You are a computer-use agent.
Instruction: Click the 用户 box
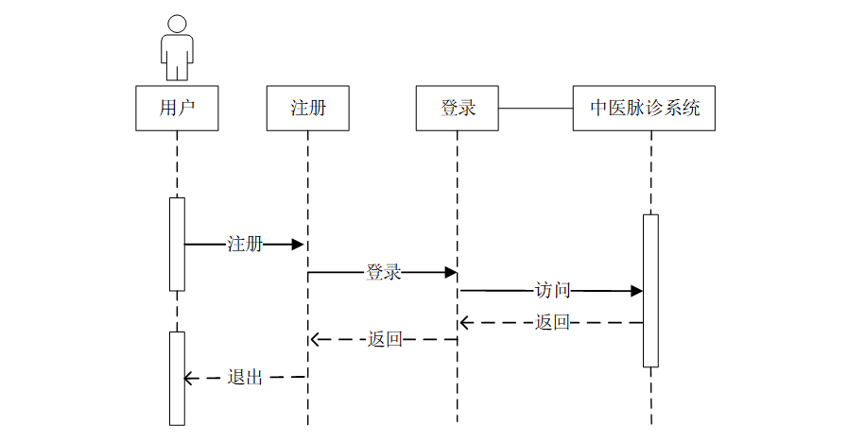coord(177,108)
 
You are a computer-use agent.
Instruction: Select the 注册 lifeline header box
coord(307,108)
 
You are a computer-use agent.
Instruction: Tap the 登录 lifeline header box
coord(457,108)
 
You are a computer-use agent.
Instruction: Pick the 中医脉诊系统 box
coord(644,108)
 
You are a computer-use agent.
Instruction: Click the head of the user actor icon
coord(177,25)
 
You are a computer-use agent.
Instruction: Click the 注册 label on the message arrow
coord(245,245)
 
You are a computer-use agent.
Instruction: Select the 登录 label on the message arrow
coord(383,273)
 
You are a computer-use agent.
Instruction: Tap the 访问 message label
coord(553,291)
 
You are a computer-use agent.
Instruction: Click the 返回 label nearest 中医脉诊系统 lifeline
coord(553,322)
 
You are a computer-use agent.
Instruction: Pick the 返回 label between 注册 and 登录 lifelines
coord(385,339)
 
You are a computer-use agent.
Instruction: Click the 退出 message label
coord(245,377)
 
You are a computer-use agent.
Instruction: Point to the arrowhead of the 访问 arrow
coord(638,291)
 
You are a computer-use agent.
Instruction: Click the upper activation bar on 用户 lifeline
coord(177,244)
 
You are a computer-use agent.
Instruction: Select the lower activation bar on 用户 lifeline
coord(177,378)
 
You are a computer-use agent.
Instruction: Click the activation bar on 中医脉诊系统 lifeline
coord(650,290)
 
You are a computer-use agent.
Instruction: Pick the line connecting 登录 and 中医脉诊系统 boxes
coord(535,108)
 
